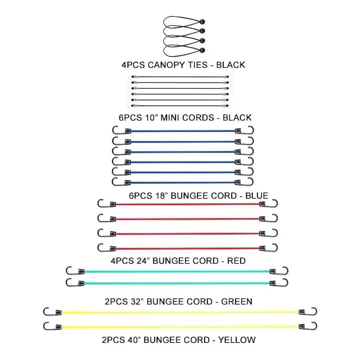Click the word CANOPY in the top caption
coord(166,65)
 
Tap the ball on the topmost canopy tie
coord(202,22)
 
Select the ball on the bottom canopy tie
coord(202,50)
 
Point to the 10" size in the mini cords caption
coord(151,117)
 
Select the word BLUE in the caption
coord(257,196)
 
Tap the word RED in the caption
coord(237,261)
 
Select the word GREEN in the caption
coord(237,301)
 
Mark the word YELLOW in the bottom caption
coord(237,340)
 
